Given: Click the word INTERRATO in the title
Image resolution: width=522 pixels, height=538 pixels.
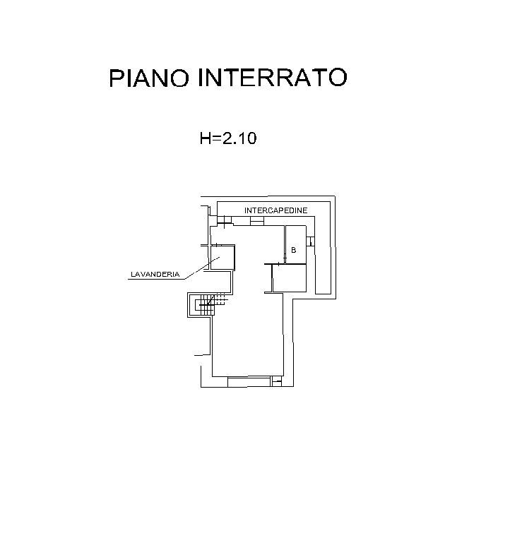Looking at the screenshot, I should tap(272, 78).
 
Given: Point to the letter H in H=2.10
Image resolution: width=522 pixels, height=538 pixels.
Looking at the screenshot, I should tap(205, 138).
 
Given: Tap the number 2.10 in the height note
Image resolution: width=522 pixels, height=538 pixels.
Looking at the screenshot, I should tap(239, 138).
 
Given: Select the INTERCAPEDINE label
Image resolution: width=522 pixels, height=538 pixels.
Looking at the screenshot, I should tap(276, 211).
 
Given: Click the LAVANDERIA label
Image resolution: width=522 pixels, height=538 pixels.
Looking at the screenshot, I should tap(155, 274).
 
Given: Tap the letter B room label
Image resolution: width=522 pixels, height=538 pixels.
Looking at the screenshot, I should tap(293, 250).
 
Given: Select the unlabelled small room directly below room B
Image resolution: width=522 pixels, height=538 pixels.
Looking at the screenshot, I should tap(290, 278).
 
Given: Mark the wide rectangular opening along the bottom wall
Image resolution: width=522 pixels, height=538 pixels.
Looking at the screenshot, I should tap(240, 381).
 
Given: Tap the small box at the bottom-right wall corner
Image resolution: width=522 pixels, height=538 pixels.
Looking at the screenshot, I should tap(277, 382).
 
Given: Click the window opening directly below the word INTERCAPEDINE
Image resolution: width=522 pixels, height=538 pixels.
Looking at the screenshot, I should tap(256, 222).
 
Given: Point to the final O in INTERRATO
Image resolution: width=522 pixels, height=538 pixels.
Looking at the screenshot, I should tap(337, 78).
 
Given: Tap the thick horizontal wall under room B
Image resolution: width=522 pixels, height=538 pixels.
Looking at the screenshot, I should tap(290, 265).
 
